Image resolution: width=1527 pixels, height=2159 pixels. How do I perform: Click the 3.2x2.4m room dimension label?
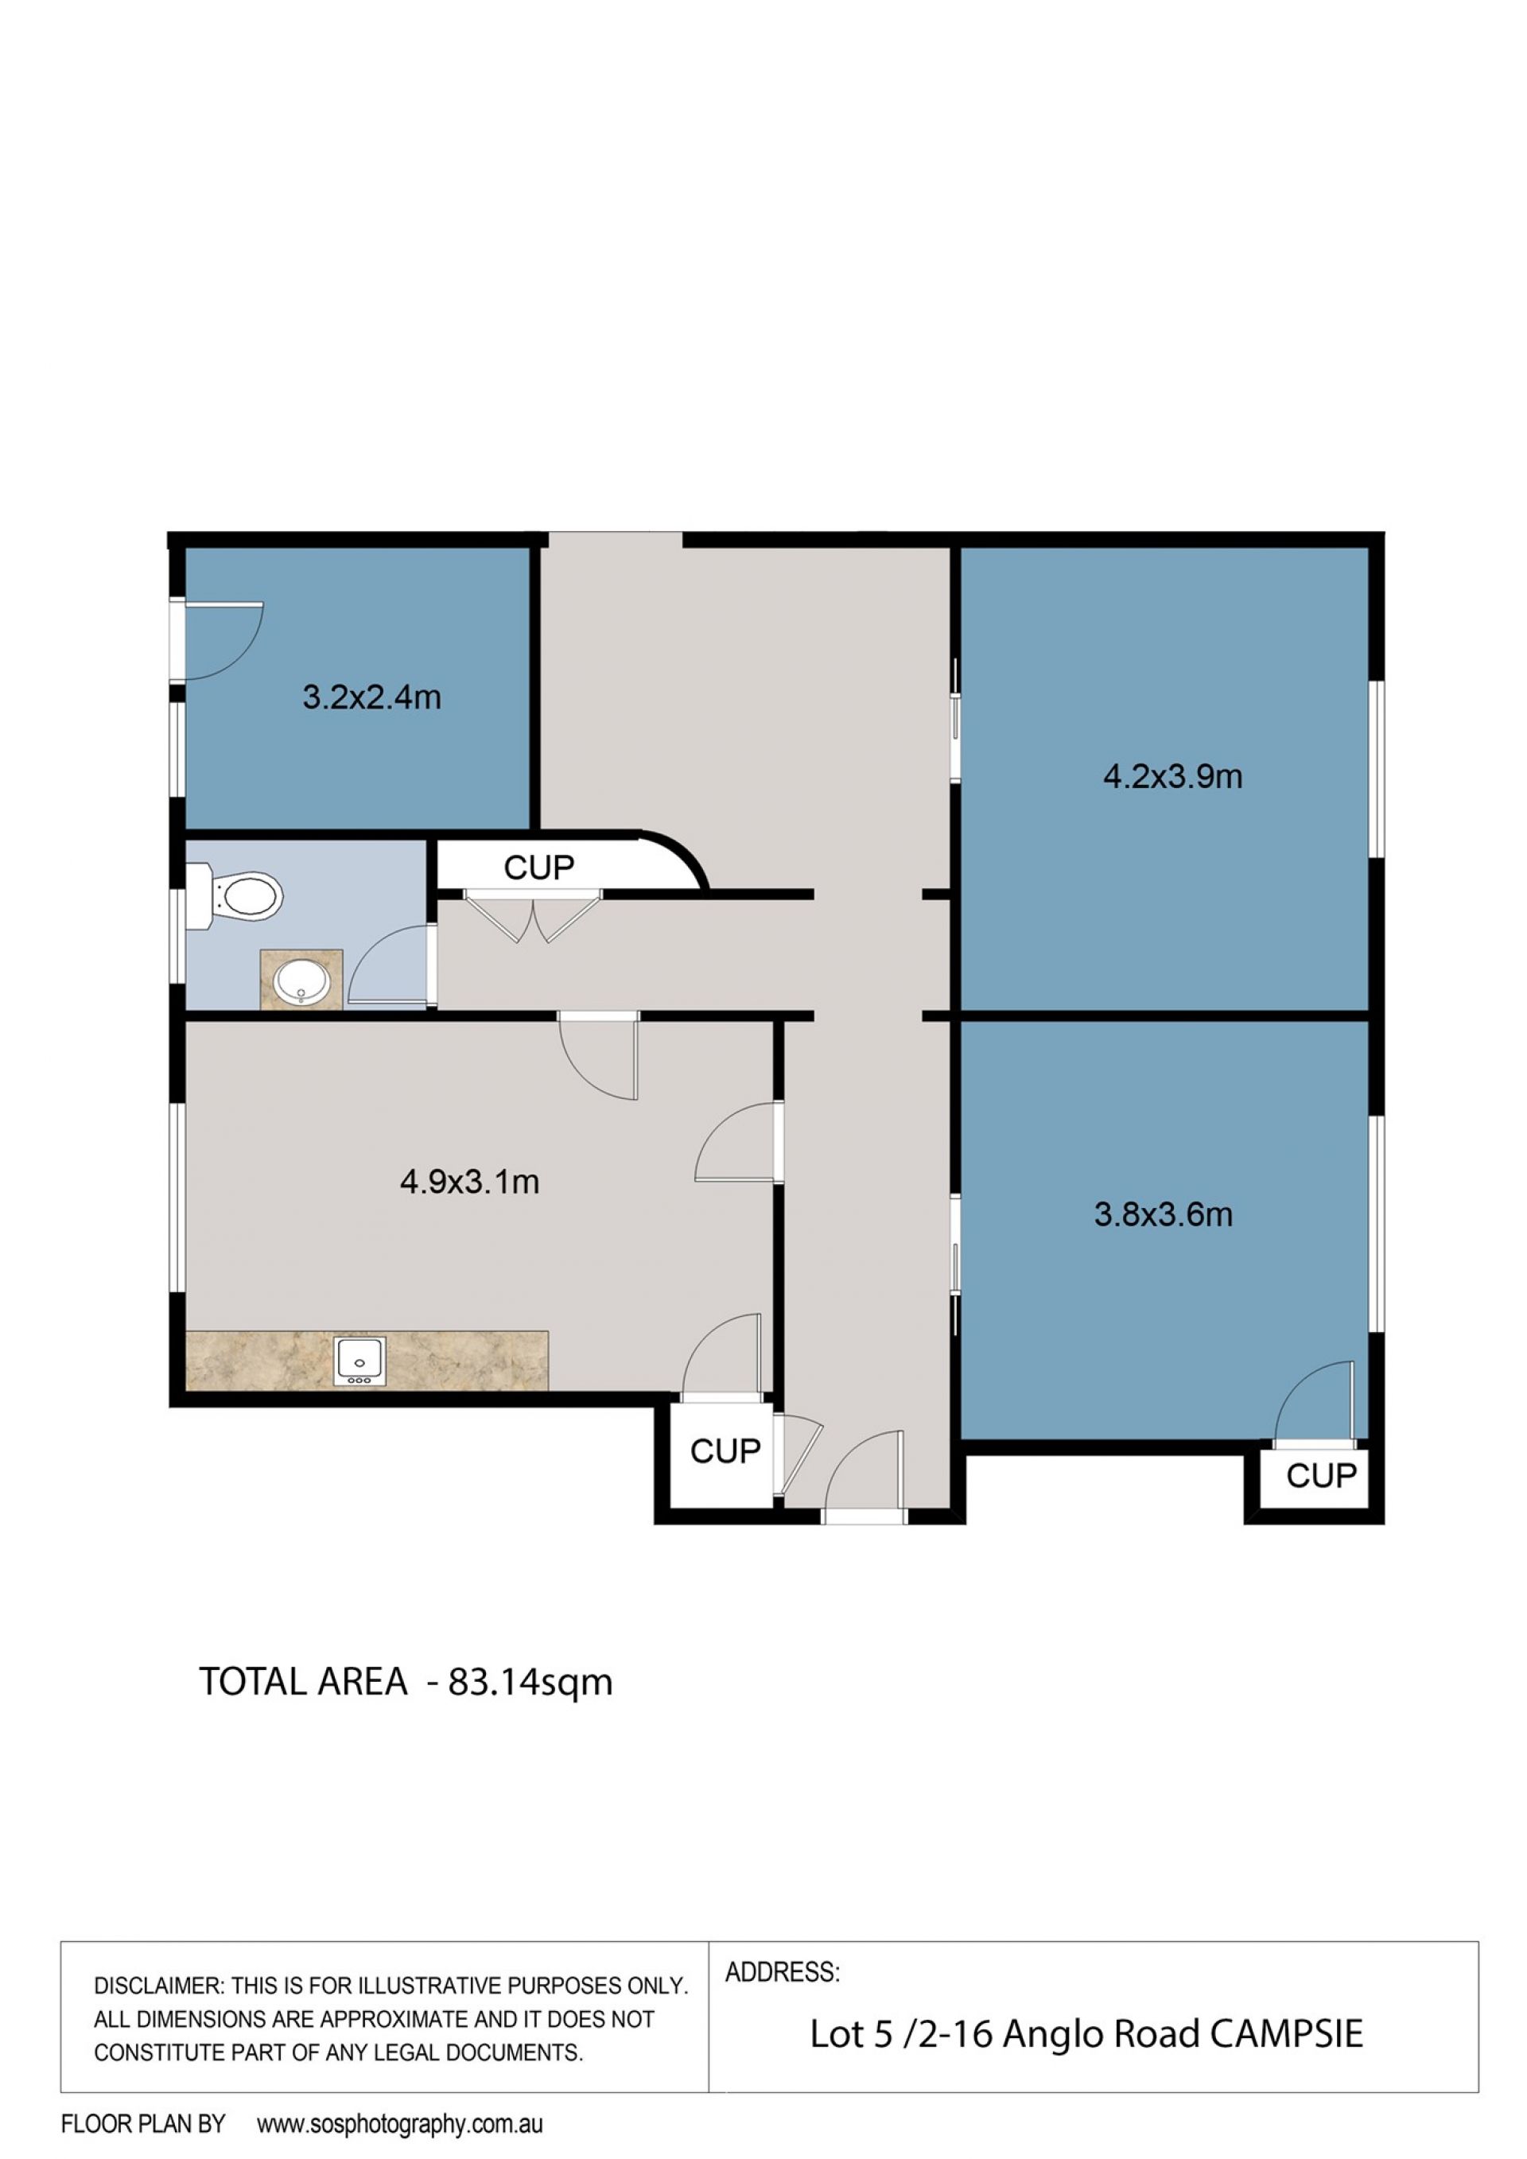[371, 697]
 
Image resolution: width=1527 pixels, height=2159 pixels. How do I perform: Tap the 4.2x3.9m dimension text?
[1172, 777]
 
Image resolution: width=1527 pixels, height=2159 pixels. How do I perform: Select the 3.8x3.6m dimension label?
[1163, 1215]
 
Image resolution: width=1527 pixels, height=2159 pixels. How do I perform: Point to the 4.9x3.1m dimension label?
[469, 1181]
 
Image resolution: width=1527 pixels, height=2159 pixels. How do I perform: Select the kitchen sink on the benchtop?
[358, 1361]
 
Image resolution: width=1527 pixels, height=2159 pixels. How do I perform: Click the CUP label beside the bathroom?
[538, 868]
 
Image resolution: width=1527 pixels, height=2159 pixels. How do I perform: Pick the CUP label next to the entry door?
[725, 1451]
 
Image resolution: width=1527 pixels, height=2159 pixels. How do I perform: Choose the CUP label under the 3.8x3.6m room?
[1321, 1475]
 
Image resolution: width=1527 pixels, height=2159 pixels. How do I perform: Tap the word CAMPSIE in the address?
[1286, 2034]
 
